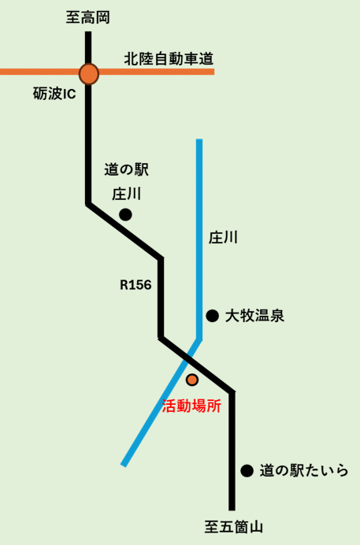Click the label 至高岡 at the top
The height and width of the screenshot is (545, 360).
pos(88,17)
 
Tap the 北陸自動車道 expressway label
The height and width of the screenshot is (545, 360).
pos(169,58)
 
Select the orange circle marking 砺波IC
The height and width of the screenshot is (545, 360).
pos(89,73)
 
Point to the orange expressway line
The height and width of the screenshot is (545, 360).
pos(158,72)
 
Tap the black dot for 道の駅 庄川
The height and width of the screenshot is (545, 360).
pos(124,214)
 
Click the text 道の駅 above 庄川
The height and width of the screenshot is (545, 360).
pos(126,169)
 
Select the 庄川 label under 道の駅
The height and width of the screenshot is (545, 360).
pos(126,193)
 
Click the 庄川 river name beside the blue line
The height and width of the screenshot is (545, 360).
pos(223,237)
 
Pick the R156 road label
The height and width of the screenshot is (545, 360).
pos(135,284)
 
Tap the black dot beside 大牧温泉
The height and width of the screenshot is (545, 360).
pos(212,316)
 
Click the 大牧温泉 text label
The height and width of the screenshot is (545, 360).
pos(254,317)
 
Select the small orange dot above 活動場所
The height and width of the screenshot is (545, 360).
pos(192,380)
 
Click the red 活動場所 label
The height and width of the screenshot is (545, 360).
pos(191,406)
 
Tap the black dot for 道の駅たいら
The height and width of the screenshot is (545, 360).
pos(247,471)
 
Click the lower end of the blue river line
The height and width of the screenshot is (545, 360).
pos(124,464)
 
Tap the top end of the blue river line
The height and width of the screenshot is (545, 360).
pos(199,142)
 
